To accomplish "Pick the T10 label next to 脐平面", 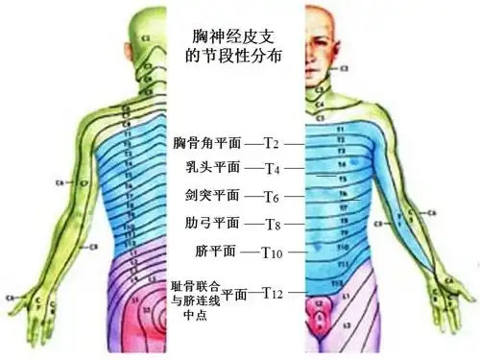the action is pyautogui.click(x=274, y=252).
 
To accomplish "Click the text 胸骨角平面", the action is pyautogui.click(x=207, y=143).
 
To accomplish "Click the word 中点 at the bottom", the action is pyautogui.click(x=194, y=316).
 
